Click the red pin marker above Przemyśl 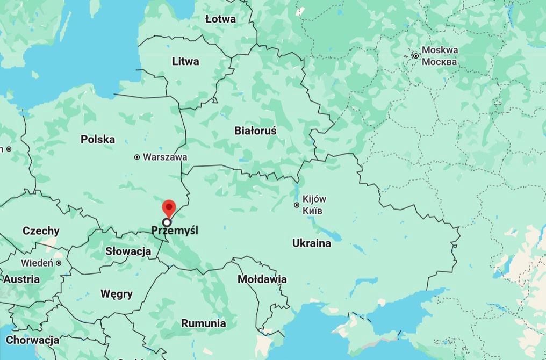(x=169, y=207)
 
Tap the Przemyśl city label (x=175, y=231)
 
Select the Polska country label (x=98, y=140)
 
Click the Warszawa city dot (x=137, y=157)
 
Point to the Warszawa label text (x=165, y=157)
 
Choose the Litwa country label (x=185, y=61)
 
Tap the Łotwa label (x=220, y=19)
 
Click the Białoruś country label (x=255, y=131)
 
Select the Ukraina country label (x=312, y=243)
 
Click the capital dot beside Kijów (x=297, y=205)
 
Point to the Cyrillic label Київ (x=313, y=210)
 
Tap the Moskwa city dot (x=415, y=55)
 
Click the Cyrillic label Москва (x=440, y=62)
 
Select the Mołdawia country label (x=262, y=279)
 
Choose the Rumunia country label (x=203, y=323)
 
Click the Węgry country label (x=116, y=294)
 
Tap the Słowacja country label (x=128, y=251)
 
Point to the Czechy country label (x=41, y=231)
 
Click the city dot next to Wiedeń (x=58, y=263)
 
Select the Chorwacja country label (x=32, y=340)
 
